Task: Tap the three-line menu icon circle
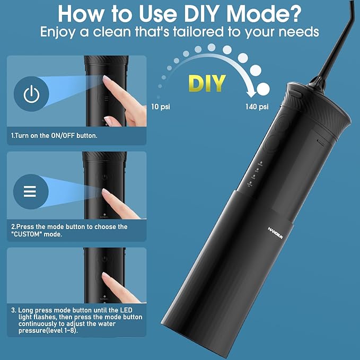point(32,191)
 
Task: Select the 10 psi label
point(161,107)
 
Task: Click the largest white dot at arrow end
point(264,89)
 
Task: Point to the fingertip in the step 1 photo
point(107,80)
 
